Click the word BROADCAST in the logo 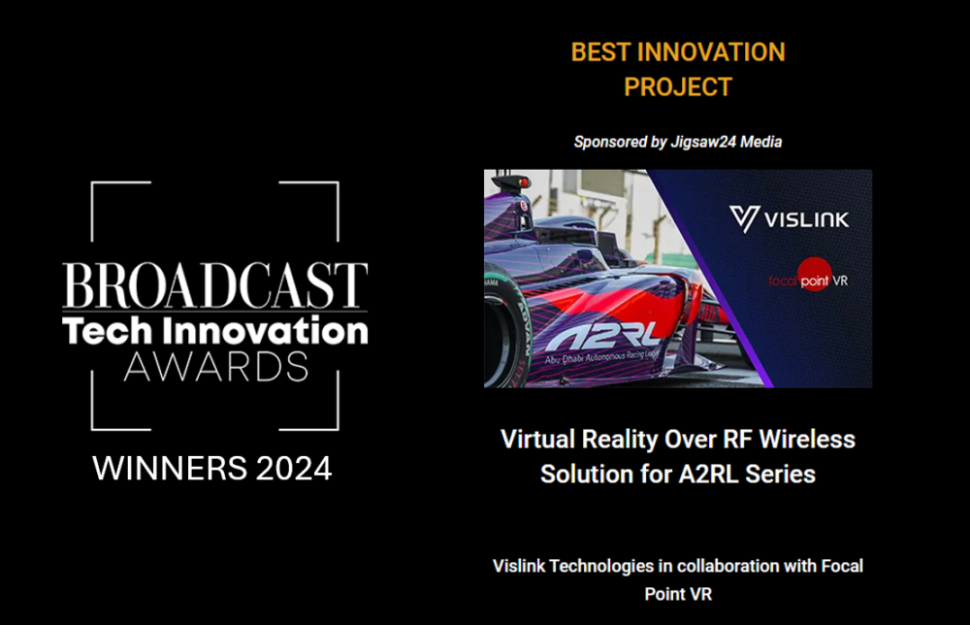click(x=214, y=285)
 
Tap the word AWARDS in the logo click(x=216, y=366)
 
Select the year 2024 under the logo click(x=294, y=469)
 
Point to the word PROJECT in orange click(x=678, y=87)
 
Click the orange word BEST click(x=600, y=52)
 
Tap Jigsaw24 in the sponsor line click(x=704, y=142)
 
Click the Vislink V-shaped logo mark click(x=744, y=219)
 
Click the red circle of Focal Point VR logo click(x=814, y=274)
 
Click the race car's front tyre click(x=504, y=334)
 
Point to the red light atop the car click(x=524, y=182)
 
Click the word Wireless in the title click(x=807, y=440)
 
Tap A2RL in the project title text click(x=708, y=475)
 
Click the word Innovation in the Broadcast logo click(x=266, y=330)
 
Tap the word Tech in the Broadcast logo click(x=107, y=330)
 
